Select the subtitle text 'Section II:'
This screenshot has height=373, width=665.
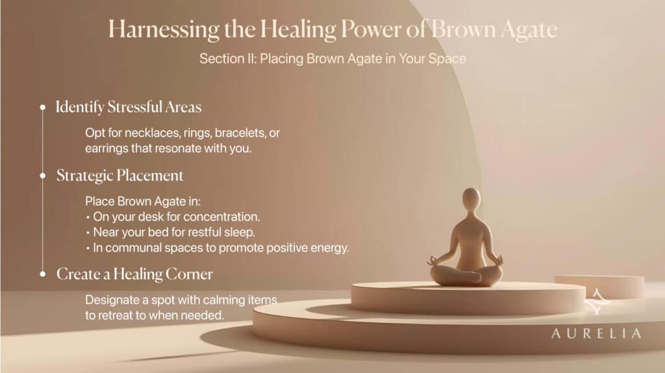point(228,58)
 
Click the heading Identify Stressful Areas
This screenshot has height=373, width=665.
point(129,107)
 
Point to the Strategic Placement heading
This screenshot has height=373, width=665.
point(120,175)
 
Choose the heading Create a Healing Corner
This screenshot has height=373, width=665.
point(134,274)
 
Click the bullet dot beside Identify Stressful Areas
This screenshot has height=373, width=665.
point(42,107)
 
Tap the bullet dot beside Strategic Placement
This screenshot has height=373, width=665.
point(42,175)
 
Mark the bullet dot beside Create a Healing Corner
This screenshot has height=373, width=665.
point(42,274)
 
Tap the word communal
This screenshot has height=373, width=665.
point(127,248)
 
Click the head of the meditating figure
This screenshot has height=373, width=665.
point(471,199)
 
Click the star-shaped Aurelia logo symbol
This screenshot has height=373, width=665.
point(596,302)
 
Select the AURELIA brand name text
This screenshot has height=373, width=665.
point(596,333)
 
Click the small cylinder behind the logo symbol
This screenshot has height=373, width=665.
point(599,287)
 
